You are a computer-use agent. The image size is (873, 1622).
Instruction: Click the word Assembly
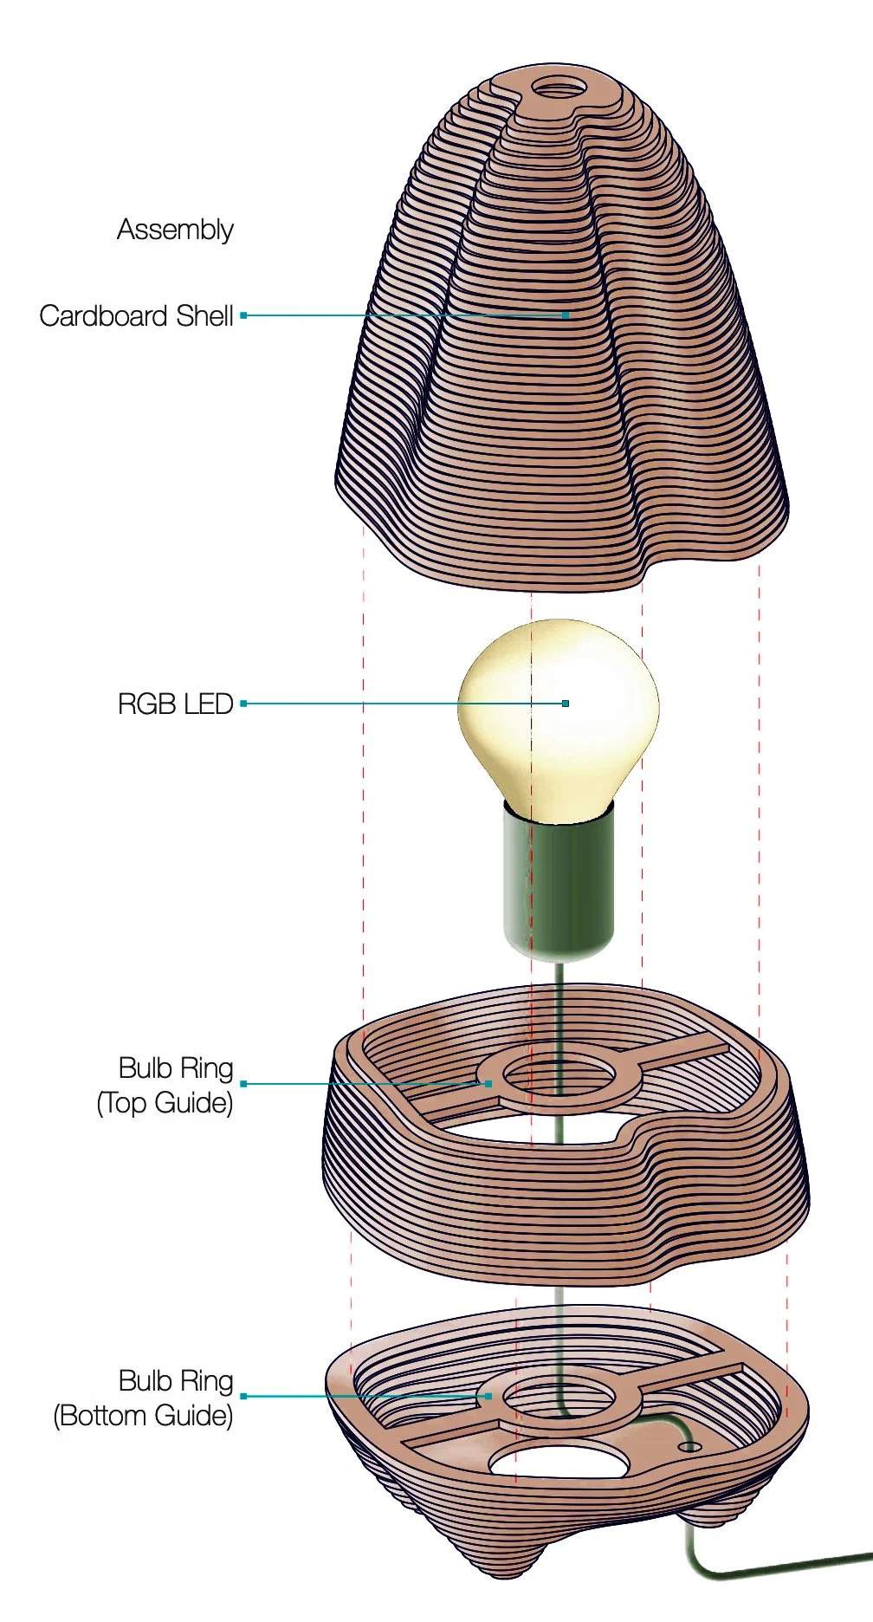(x=175, y=230)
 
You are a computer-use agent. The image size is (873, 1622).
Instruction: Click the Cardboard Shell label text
(x=136, y=315)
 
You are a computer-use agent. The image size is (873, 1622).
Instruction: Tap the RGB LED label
(x=175, y=704)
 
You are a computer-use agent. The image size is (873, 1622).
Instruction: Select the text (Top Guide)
(x=165, y=1103)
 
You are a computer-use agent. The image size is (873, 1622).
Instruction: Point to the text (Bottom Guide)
(x=143, y=1416)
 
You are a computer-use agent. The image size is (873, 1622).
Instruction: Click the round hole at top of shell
(x=558, y=88)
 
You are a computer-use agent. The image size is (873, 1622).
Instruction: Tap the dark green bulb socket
(x=559, y=884)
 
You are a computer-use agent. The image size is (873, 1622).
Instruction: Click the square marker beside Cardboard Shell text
(x=244, y=315)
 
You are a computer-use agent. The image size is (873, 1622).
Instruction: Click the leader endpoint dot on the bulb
(x=566, y=704)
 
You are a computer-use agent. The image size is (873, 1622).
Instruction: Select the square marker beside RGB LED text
(x=244, y=704)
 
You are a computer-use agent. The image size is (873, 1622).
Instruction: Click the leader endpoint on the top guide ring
(x=488, y=1084)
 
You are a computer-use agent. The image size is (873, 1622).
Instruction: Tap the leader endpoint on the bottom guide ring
(x=488, y=1396)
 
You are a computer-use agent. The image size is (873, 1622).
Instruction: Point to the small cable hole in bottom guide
(x=689, y=1447)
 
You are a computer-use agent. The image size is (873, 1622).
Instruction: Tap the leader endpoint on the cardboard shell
(x=566, y=315)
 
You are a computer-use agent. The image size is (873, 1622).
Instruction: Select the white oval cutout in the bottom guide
(x=559, y=1463)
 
